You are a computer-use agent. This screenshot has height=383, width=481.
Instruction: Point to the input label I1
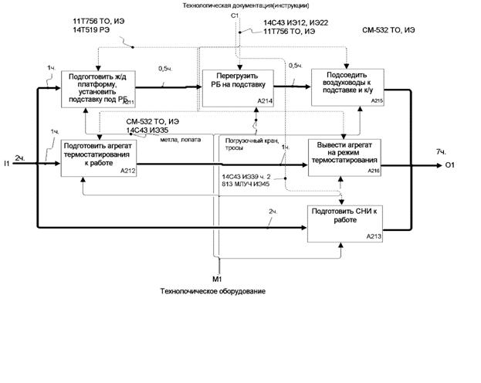[x=7, y=163]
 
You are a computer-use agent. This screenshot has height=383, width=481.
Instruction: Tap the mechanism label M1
[x=218, y=277]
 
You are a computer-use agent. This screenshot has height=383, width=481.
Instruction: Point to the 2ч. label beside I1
[x=21, y=157]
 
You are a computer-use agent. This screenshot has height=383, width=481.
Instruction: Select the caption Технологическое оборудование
[x=212, y=291]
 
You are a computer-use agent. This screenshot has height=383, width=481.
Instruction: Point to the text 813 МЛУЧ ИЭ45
[x=248, y=185]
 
